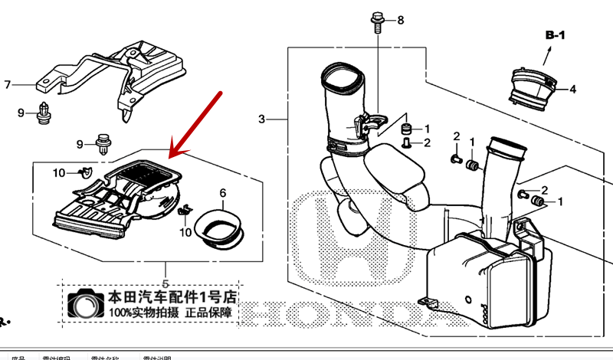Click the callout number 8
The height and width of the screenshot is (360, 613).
pos(399,19)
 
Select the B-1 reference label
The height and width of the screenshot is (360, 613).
pos(555,35)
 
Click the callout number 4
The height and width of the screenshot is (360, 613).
pos(572,90)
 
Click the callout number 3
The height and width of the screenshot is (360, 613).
pos(261,119)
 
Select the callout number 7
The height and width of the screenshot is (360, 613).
pos(8,84)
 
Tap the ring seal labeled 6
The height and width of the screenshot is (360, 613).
pos(221,228)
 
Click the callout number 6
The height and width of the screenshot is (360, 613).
pos(223,193)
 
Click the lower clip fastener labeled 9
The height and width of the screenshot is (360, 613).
pos(102,142)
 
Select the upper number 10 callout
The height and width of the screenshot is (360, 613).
pos(59,173)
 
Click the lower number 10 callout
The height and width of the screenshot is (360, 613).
pos(185,232)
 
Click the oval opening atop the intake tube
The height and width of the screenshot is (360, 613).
pos(342,77)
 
